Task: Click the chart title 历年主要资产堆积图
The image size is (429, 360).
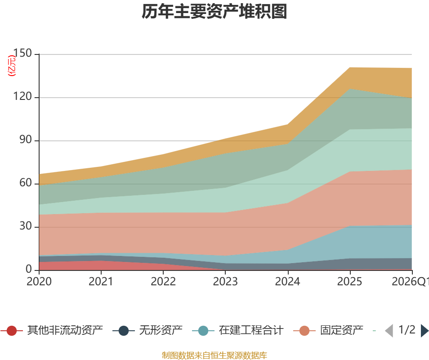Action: click(214, 12)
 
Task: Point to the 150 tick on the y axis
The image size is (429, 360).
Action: click(22, 53)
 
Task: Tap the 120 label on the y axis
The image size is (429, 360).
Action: click(22, 96)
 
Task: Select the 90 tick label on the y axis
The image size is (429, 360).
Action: click(26, 139)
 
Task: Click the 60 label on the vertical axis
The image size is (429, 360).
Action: click(26, 183)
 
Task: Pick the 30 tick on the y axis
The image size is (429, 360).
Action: click(26, 226)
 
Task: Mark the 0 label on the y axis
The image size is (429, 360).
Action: click(29, 270)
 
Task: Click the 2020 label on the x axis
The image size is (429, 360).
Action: click(39, 281)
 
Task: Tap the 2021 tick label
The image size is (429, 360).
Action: click(101, 281)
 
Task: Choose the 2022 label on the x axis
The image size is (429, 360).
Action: click(163, 281)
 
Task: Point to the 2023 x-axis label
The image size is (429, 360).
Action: click(225, 281)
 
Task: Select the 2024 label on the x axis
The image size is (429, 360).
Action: click(287, 281)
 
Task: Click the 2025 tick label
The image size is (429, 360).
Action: click(350, 281)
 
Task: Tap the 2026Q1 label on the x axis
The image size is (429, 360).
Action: click(411, 281)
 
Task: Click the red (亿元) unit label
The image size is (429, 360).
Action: click(12, 65)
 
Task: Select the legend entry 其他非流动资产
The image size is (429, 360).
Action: click(52, 330)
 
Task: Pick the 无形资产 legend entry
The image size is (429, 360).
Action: click(147, 330)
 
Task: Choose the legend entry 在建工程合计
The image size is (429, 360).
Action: click(238, 330)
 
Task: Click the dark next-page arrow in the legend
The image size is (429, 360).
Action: click(425, 330)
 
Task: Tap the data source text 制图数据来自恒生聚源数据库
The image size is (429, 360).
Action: click(214, 355)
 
